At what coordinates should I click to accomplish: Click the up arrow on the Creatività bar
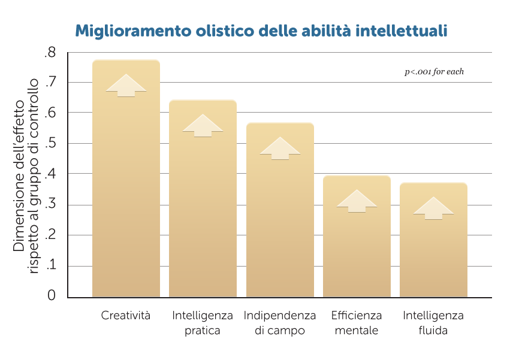[x=126, y=86]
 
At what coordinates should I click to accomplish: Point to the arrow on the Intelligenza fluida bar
[x=433, y=208]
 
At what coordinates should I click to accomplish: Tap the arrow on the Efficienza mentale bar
[x=357, y=201]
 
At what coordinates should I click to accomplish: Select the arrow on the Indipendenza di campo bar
[x=280, y=149]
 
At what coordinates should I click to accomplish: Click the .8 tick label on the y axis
[x=50, y=53]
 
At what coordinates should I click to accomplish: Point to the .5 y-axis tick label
[x=50, y=144]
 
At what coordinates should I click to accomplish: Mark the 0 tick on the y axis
[x=51, y=295]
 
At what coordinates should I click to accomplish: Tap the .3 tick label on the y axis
[x=50, y=205]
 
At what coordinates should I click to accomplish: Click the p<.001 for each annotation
[x=434, y=72]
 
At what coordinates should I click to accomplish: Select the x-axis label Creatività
[x=126, y=316]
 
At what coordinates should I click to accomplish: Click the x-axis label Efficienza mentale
[x=357, y=323]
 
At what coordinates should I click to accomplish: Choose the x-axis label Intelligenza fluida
[x=433, y=323]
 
